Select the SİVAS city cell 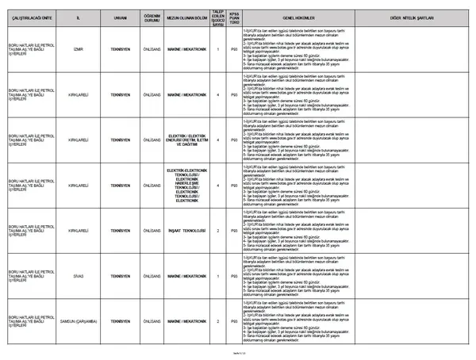tap(77, 276)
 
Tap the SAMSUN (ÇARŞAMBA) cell tap(77, 321)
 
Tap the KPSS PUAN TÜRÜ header tap(234, 15)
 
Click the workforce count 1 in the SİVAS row tap(218, 276)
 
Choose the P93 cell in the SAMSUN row tap(234, 321)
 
